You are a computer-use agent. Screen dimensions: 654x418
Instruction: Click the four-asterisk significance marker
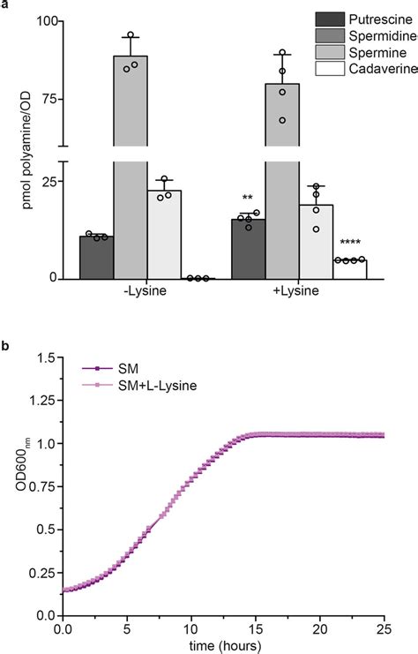point(349,246)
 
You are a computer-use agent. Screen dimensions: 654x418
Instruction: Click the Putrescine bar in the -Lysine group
point(96,257)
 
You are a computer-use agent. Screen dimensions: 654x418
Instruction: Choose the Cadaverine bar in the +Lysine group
point(350,269)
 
